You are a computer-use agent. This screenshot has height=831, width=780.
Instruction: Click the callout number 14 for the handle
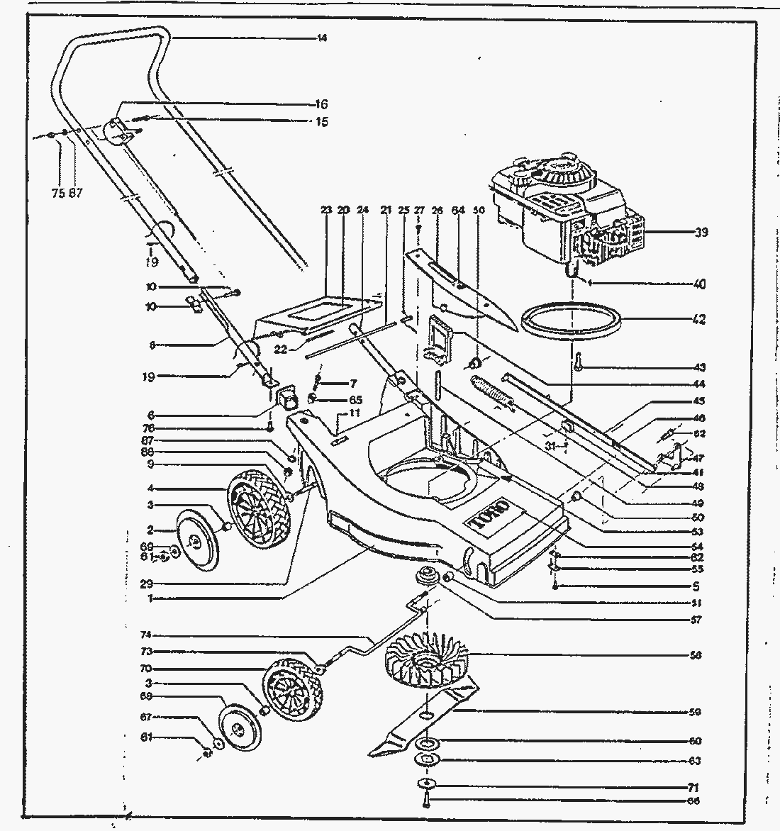(x=322, y=38)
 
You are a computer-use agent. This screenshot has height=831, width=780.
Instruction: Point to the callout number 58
(x=695, y=655)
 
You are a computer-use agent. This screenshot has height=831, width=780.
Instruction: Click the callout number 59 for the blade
(x=695, y=711)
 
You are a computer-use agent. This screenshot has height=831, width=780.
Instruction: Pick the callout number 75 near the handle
(x=58, y=192)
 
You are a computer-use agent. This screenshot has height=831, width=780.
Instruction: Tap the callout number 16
(x=322, y=104)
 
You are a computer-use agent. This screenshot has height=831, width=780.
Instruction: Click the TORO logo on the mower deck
(x=488, y=516)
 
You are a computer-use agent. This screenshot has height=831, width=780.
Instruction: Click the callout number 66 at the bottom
(x=695, y=801)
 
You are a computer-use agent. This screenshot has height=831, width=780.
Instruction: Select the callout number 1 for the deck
(x=152, y=598)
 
